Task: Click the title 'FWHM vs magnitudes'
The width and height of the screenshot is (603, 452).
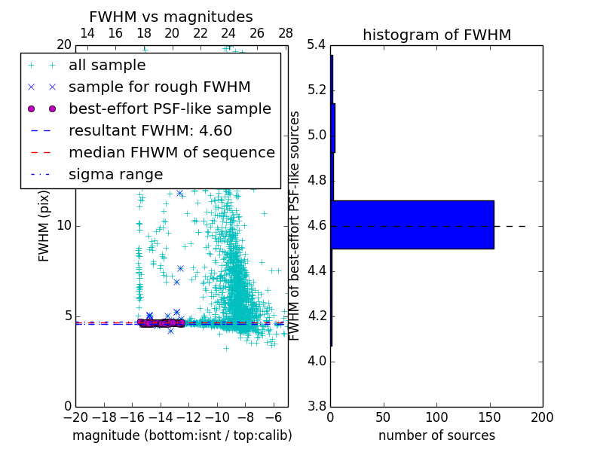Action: [x=171, y=17]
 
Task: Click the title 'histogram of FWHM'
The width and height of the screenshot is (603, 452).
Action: [x=436, y=35]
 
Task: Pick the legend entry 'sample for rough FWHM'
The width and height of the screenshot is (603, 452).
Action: [x=159, y=87]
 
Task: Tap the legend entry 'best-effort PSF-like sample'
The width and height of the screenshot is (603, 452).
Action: [x=170, y=109]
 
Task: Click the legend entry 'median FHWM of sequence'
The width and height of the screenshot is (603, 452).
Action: [x=171, y=153]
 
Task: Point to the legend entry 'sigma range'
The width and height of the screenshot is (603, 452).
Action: [x=115, y=175]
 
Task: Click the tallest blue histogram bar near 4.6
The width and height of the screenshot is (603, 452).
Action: [x=412, y=224]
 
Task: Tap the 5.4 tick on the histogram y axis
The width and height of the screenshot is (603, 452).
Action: [x=317, y=45]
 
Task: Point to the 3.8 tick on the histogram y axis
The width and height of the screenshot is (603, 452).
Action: [x=317, y=407]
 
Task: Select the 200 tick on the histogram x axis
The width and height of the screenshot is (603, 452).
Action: [x=542, y=417]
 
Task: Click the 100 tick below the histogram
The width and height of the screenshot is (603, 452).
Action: [x=436, y=417]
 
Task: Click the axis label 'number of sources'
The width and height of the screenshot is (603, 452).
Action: [x=436, y=435]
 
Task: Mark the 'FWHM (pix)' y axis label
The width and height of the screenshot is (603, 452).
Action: [x=44, y=225]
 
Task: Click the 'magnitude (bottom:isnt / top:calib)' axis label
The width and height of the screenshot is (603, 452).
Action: [x=182, y=435]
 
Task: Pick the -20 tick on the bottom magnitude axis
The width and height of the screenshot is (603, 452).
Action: [x=75, y=417]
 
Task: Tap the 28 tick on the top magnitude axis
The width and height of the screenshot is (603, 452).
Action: [x=286, y=33]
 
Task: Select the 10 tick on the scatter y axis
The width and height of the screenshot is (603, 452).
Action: [x=63, y=226]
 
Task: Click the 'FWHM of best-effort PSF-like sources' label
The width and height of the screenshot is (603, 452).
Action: [x=295, y=225]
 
